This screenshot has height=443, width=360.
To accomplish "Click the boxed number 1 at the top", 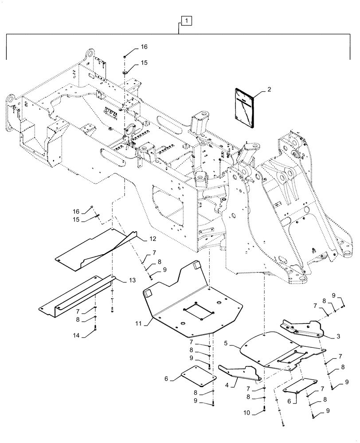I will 187,21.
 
